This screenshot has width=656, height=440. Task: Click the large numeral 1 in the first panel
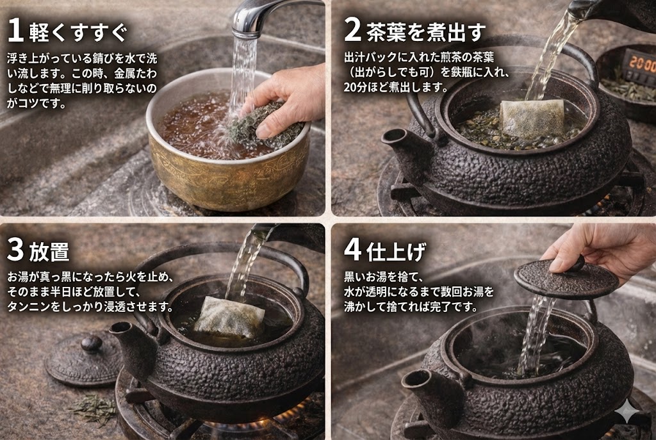(15, 30)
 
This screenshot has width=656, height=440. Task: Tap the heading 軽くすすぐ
(78, 32)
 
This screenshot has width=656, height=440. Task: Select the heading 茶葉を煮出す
(426, 32)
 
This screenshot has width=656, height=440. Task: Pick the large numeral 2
(352, 31)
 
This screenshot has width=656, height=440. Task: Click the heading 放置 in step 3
(49, 252)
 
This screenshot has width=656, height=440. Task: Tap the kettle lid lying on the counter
(84, 358)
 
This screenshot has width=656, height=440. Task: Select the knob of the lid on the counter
(91, 343)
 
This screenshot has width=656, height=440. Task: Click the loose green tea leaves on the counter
(94, 407)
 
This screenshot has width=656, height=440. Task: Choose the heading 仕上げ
(396, 252)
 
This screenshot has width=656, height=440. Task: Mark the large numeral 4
(352, 250)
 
